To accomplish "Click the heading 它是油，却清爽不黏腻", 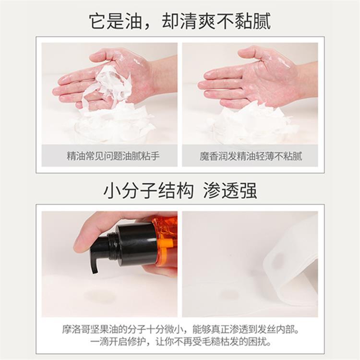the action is (x=180, y=21).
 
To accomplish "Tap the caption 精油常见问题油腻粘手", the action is (x=113, y=156).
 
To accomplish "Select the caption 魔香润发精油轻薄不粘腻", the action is (x=251, y=156).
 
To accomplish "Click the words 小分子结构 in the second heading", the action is (x=148, y=191).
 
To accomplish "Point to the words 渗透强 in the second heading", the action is (x=230, y=191).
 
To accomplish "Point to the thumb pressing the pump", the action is (x=90, y=237).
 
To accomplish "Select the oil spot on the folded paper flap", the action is (x=278, y=260).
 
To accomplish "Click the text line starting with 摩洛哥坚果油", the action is (x=180, y=330).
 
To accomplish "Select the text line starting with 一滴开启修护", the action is (x=180, y=342).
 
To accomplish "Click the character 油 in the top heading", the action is (x=133, y=21).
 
